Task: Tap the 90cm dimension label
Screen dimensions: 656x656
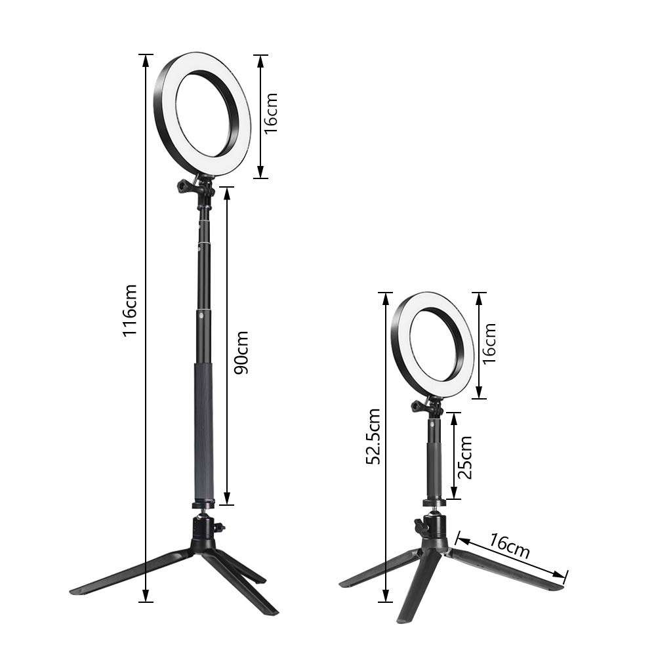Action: pyautogui.click(x=241, y=352)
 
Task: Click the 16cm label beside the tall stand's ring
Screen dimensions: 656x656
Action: pyautogui.click(x=271, y=112)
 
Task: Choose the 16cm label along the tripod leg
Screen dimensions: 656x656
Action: pyautogui.click(x=510, y=546)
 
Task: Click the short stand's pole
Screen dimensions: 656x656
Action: pyautogui.click(x=435, y=459)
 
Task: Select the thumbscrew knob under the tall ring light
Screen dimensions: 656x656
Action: pyautogui.click(x=182, y=189)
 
